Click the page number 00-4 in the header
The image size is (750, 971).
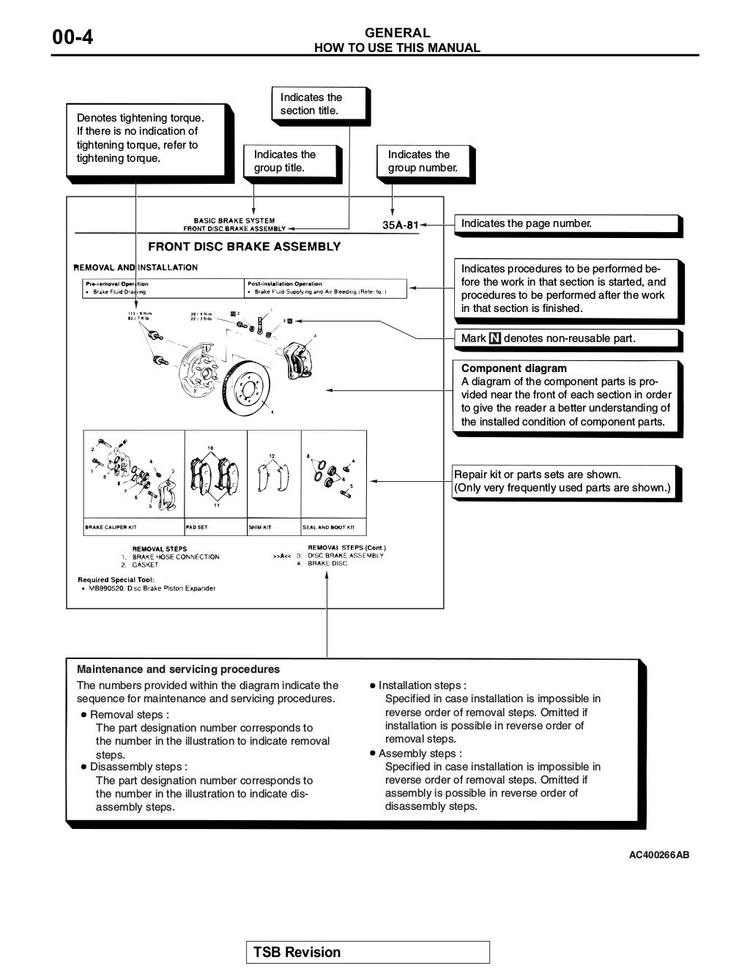point(73,37)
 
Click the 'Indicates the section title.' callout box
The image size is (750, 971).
point(320,104)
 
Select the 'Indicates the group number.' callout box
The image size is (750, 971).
point(425,161)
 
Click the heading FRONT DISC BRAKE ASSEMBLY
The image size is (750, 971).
point(244,247)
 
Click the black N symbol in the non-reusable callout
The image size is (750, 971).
point(495,338)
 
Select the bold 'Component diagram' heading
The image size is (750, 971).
point(513,368)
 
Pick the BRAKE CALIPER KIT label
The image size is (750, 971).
point(111,527)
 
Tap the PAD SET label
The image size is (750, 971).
point(197,527)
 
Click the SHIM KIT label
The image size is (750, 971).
point(260,527)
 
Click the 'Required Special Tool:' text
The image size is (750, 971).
point(116,580)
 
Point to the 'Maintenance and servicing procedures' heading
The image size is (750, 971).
point(178,669)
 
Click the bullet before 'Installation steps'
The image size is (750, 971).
point(373,686)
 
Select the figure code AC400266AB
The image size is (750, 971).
point(658,855)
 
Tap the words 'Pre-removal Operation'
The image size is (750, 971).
point(117,283)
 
